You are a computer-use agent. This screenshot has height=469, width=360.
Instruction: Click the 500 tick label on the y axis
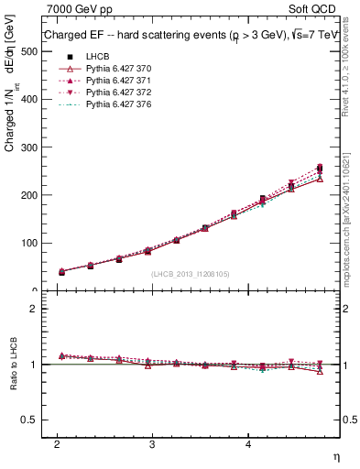point(29,52)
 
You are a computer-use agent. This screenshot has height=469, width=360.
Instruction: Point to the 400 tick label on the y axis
point(29,100)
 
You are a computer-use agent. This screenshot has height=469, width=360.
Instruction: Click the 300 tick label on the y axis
point(29,147)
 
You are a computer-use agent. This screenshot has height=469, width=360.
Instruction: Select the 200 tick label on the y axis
point(29,195)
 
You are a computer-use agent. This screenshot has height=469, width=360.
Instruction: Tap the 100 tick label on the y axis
point(29,243)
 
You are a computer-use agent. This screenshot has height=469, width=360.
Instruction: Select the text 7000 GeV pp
point(80,8)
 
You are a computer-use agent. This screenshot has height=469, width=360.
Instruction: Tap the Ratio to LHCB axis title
point(12,366)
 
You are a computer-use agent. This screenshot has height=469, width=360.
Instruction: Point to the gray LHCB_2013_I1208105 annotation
point(190,273)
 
